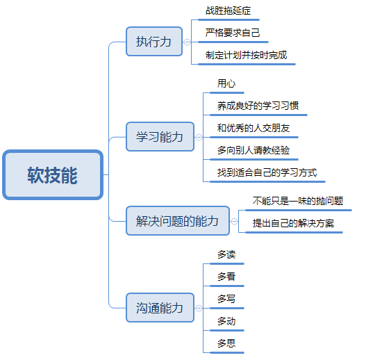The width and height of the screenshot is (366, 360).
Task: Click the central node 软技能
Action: (x=53, y=175)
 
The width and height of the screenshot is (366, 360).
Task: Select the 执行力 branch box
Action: (x=153, y=42)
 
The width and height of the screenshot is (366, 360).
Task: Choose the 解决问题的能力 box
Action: (x=176, y=221)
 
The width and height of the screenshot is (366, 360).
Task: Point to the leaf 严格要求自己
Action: (x=233, y=33)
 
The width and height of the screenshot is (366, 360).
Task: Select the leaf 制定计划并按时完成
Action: (x=246, y=55)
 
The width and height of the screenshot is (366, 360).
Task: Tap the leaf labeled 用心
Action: (x=226, y=83)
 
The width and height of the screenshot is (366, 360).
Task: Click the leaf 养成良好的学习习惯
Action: (x=258, y=106)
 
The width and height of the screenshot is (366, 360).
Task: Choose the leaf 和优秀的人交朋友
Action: (x=253, y=128)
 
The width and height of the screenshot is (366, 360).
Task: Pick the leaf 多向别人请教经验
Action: (x=253, y=150)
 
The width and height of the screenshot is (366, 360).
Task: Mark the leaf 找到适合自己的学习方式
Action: (x=267, y=172)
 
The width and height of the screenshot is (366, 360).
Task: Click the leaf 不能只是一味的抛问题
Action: (x=297, y=201)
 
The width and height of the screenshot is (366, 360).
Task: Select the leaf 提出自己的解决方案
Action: (x=293, y=223)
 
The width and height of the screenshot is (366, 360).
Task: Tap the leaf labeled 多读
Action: (x=226, y=254)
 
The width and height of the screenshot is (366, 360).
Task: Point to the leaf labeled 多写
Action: (x=226, y=299)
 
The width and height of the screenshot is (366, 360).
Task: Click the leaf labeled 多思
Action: (x=226, y=343)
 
